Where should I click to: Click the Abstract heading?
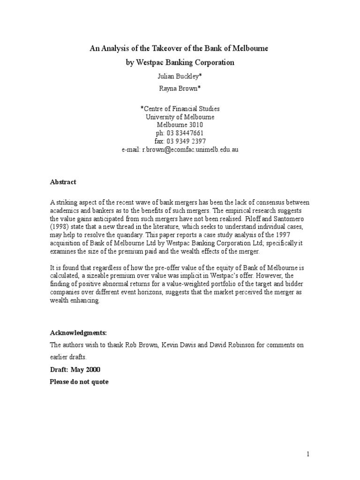coord(63,182)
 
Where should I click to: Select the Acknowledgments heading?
coord(79,333)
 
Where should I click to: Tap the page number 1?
coord(308,454)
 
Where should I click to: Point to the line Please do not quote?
coord(79,382)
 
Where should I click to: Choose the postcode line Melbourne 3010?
coord(180,125)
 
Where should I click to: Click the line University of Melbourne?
coord(180,117)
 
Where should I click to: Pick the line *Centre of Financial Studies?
coord(180,109)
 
